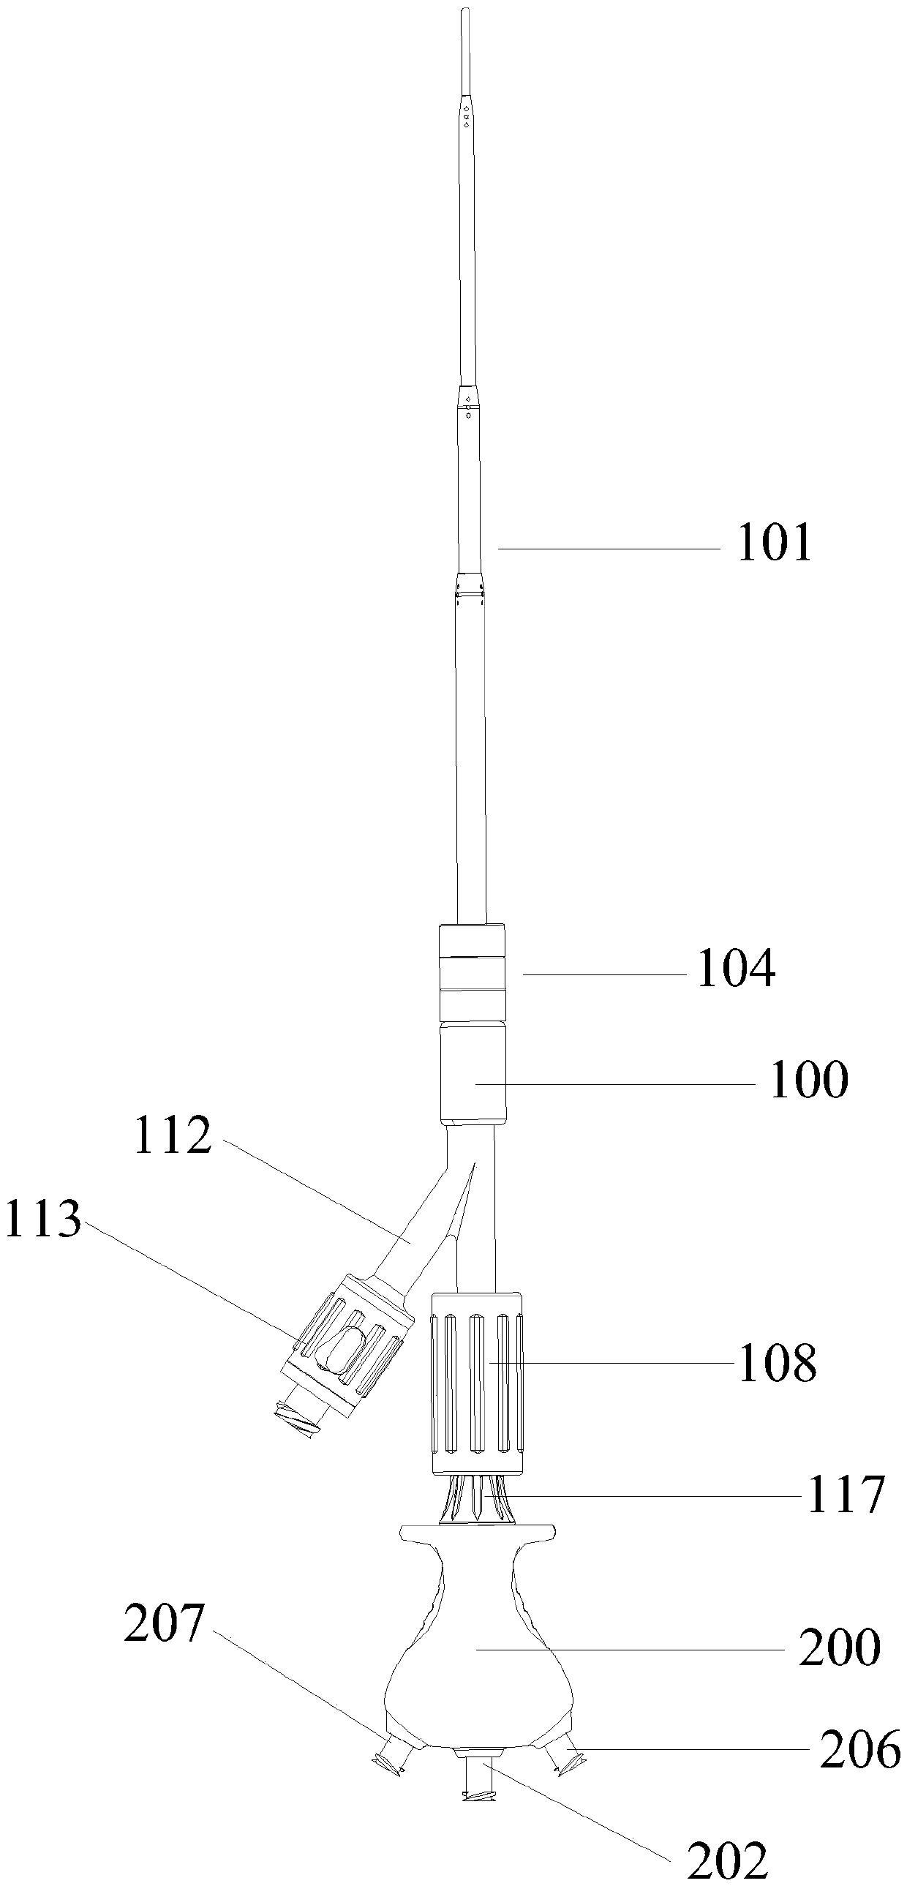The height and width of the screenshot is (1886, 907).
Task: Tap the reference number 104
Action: pos(736,969)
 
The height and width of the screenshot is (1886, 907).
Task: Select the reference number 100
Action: pos(809,1080)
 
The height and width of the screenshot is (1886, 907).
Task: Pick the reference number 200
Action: pos(839,1648)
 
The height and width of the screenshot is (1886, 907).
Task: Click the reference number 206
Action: pos(859,1751)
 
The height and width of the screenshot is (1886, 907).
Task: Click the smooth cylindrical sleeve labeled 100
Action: pos(473,1073)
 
